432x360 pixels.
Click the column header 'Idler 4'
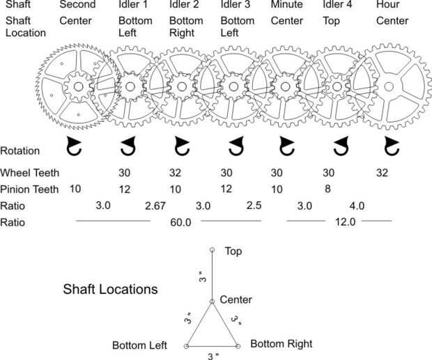pyautogui.click(x=336, y=5)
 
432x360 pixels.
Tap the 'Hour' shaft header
pyautogui.click(x=387, y=5)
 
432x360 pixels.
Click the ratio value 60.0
pyautogui.click(x=180, y=222)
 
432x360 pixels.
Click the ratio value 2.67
pyautogui.click(x=156, y=206)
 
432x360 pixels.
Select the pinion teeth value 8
pyautogui.click(x=327, y=189)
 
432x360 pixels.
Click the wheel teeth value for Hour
pyautogui.click(x=383, y=172)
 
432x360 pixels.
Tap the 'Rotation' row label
pyautogui.click(x=20, y=150)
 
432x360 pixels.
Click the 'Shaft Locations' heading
pyautogui.click(x=110, y=288)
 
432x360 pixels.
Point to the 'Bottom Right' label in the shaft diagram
pyautogui.click(x=281, y=343)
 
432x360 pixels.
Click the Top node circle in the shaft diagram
pyautogui.click(x=212, y=249)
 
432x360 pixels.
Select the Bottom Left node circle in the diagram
pyautogui.click(x=186, y=346)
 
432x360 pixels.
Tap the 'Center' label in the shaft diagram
pyautogui.click(x=236, y=300)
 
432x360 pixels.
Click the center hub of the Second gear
pyautogui.click(x=77, y=86)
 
